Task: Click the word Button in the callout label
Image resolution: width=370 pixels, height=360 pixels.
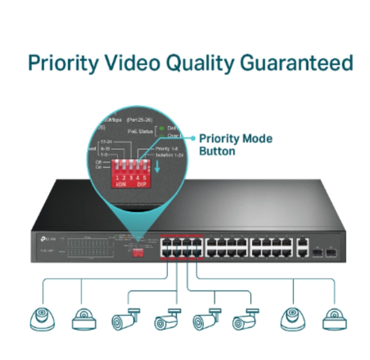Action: tap(217, 151)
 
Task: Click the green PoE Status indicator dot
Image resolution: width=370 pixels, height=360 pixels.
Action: tap(161, 127)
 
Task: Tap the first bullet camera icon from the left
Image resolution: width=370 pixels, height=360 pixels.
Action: tap(126, 319)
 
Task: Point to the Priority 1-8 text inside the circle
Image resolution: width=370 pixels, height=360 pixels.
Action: tap(167, 148)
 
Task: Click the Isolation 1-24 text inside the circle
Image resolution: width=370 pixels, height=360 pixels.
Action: tap(169, 155)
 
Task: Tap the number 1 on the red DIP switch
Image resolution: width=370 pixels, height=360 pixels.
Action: tap(117, 177)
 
